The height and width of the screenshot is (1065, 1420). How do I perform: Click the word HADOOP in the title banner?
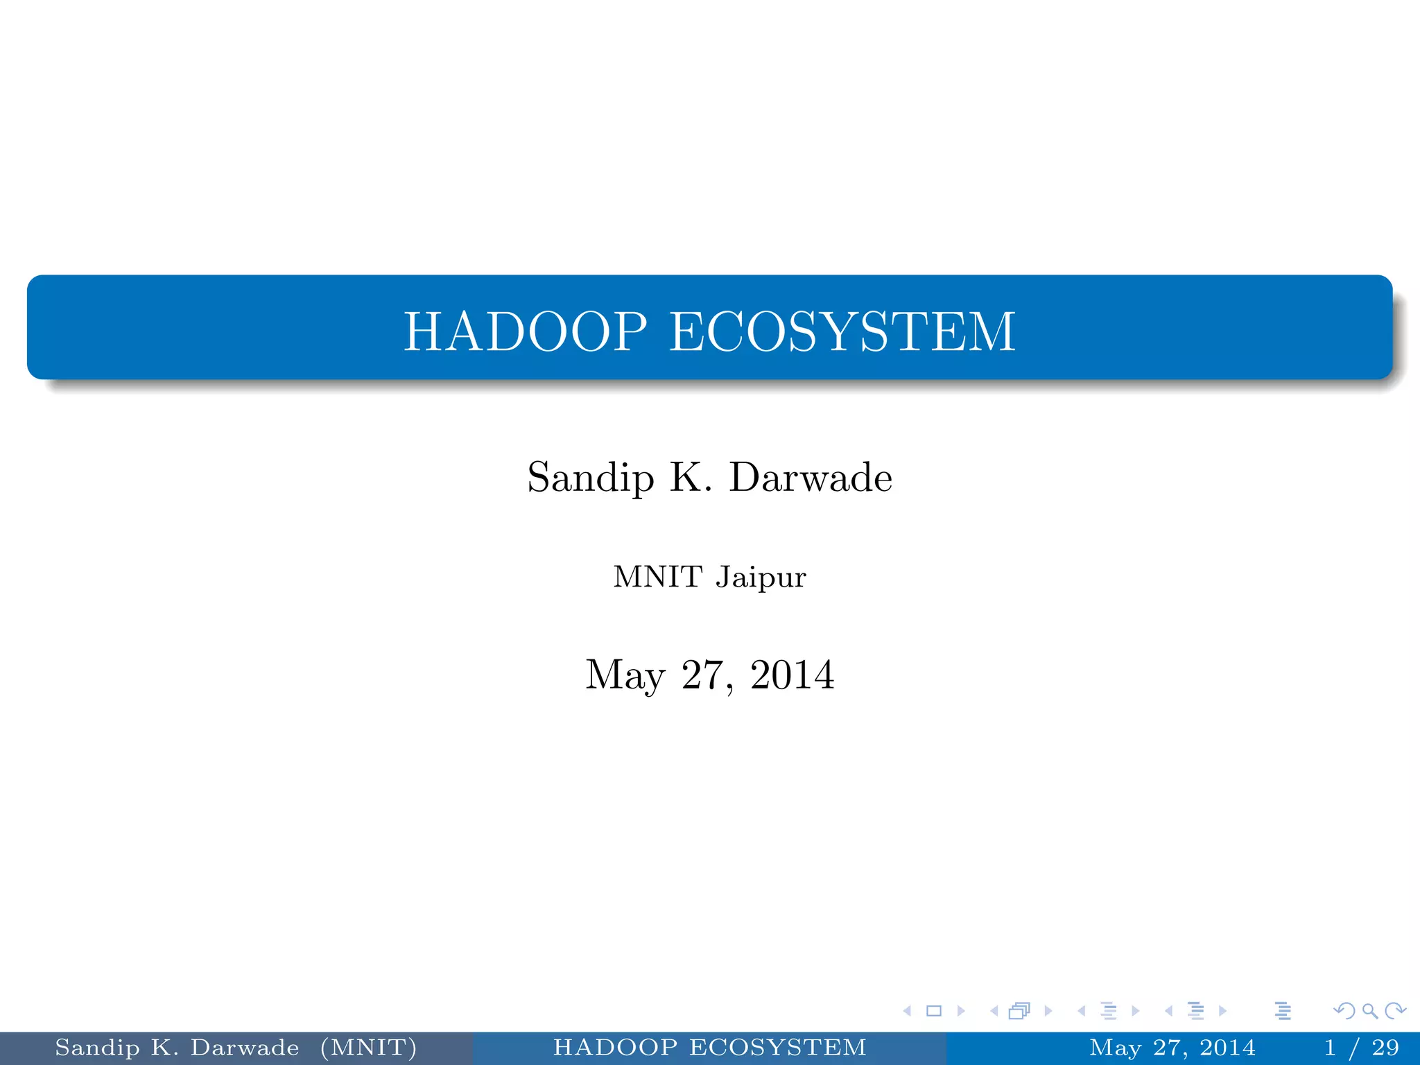[x=525, y=331]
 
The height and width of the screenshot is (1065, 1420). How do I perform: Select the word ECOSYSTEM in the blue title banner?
[x=842, y=331]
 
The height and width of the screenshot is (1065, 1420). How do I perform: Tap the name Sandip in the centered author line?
[x=590, y=478]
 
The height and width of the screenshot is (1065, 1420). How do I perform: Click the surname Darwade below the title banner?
[x=811, y=478]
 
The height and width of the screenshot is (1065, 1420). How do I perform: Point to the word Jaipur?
[x=761, y=578]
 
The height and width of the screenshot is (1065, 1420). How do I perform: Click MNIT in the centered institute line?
[x=658, y=577]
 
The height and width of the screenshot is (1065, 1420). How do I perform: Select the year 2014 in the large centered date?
[x=792, y=675]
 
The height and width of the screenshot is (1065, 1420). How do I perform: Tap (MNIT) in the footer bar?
[x=368, y=1048]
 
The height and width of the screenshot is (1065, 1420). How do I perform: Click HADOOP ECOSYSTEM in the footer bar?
[x=709, y=1048]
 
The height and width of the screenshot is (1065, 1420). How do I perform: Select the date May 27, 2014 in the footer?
[x=1172, y=1048]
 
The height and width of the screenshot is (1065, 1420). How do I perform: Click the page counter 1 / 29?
[x=1362, y=1048]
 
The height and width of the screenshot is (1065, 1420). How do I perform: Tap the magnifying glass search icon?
[x=1369, y=1011]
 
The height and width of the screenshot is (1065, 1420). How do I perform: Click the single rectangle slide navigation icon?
[x=934, y=1011]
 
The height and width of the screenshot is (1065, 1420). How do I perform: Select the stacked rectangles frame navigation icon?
[x=1019, y=1011]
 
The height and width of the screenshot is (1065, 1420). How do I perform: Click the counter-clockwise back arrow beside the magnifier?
[x=1344, y=1011]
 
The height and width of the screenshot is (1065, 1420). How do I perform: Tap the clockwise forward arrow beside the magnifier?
[x=1395, y=1011]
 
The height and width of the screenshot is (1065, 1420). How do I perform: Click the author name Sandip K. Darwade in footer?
[x=177, y=1048]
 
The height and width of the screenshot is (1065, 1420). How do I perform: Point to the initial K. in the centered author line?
[x=691, y=478]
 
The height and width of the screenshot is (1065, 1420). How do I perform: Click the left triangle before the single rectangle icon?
[x=907, y=1011]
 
